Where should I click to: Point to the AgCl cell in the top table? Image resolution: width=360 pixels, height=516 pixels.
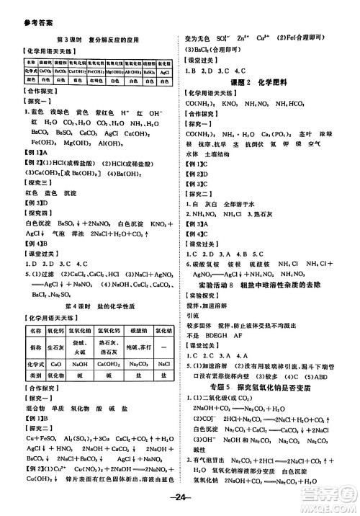pos(166,74)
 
